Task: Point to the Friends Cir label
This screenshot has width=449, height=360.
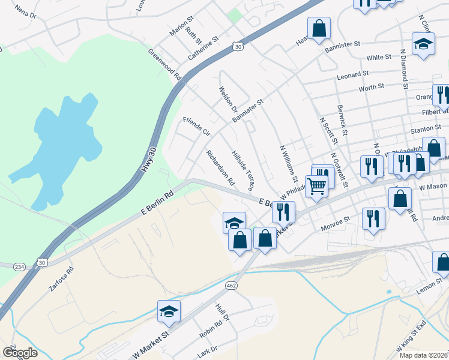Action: pyautogui.click(x=196, y=126)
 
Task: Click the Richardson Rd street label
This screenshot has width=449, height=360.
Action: pyautogui.click(x=220, y=167)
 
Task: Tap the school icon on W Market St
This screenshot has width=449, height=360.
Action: pyautogui.click(x=169, y=311)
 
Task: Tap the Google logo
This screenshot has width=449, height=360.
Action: pyautogui.click(x=20, y=353)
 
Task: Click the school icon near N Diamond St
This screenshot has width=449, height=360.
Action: pyautogui.click(x=423, y=43)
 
